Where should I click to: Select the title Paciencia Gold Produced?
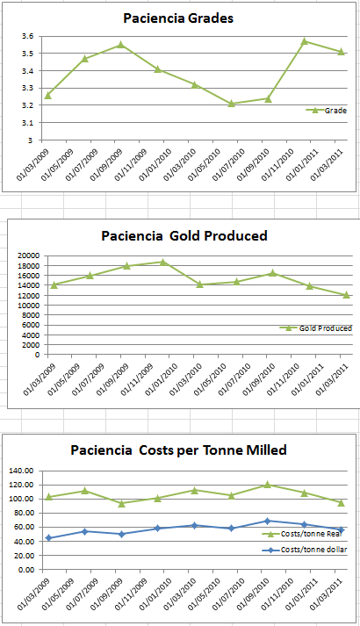coord(184,235)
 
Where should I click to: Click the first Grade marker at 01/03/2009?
coord(47,95)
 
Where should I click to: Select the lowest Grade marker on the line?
coord(232,104)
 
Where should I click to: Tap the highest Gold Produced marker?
coord(162,262)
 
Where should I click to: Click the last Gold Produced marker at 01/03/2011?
coord(346,295)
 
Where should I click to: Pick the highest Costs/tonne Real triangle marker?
coord(268,485)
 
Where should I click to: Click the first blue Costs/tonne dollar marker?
coord(47,538)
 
